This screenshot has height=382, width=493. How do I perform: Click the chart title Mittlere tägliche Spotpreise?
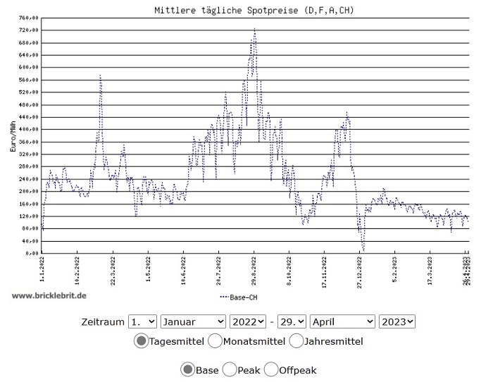254,10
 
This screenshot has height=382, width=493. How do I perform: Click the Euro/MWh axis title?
13,135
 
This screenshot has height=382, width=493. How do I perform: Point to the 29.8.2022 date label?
254,269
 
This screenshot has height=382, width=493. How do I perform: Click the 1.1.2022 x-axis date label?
42,269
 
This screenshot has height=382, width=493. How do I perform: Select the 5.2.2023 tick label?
395,269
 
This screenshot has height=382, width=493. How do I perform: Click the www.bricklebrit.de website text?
49,295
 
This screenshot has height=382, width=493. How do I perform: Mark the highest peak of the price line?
254,29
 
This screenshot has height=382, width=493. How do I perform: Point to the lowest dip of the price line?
363,249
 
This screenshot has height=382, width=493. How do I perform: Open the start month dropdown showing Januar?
192,321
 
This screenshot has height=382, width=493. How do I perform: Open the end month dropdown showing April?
342,321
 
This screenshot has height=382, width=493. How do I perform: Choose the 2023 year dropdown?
397,321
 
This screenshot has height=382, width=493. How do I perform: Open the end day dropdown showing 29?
292,321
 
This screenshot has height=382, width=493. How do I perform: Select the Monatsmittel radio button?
215,342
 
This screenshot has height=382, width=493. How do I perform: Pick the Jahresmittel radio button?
296,342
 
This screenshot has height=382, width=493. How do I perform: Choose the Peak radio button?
230,370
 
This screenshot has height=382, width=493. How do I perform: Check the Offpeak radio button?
272,370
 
